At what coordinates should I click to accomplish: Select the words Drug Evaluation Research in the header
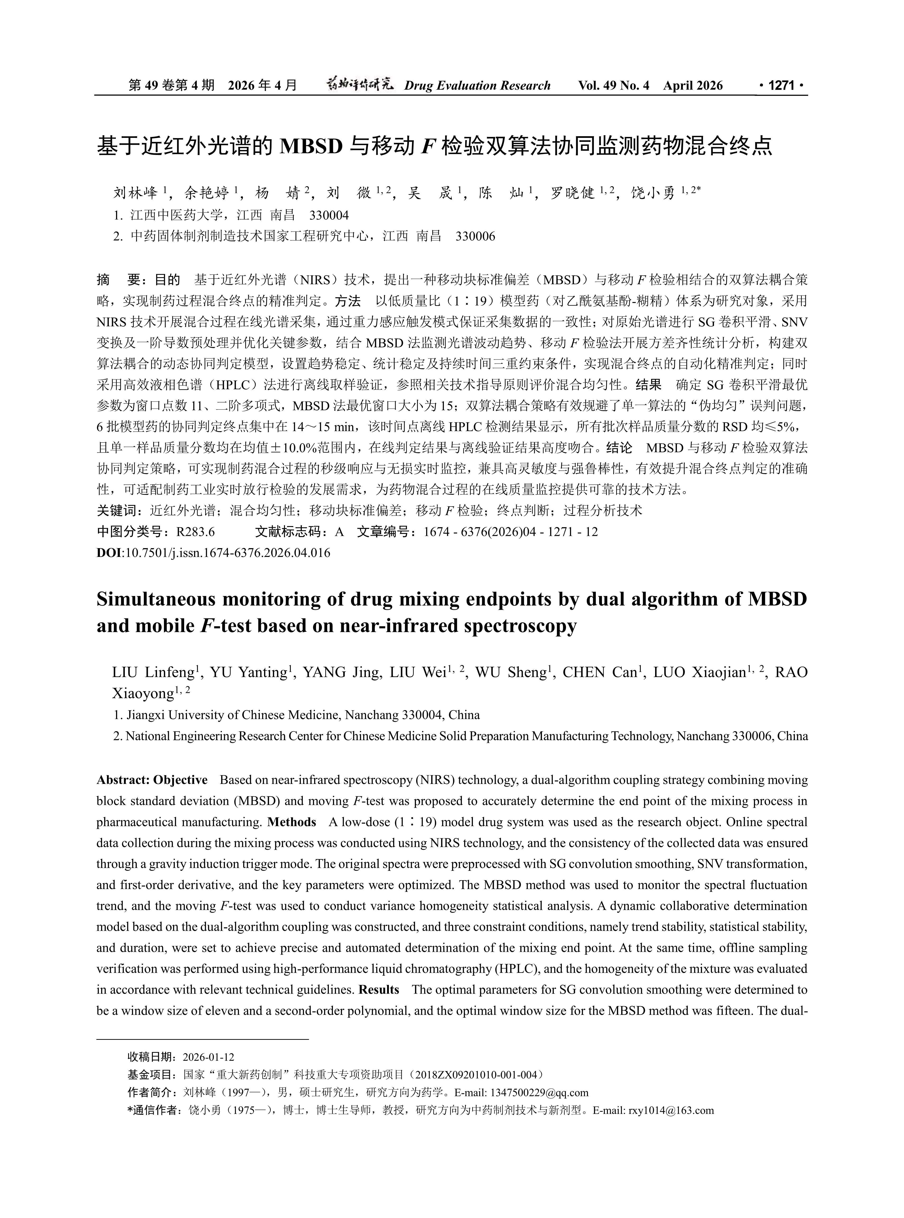point(477,85)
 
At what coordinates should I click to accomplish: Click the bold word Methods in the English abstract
point(292,822)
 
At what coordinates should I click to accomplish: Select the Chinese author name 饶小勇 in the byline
point(653,193)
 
